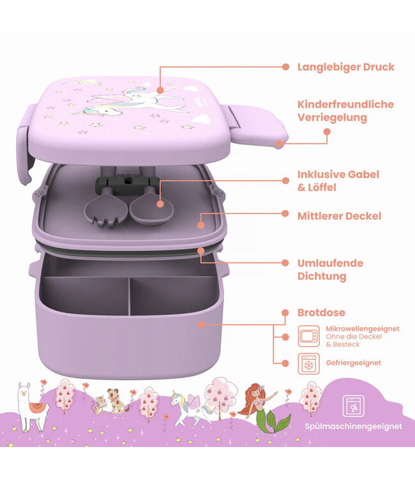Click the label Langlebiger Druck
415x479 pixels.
click(345, 67)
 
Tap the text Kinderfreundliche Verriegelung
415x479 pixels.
click(345, 110)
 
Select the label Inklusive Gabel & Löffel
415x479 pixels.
click(338, 181)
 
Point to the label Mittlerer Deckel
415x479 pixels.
click(339, 217)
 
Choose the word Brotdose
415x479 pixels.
click(321, 313)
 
